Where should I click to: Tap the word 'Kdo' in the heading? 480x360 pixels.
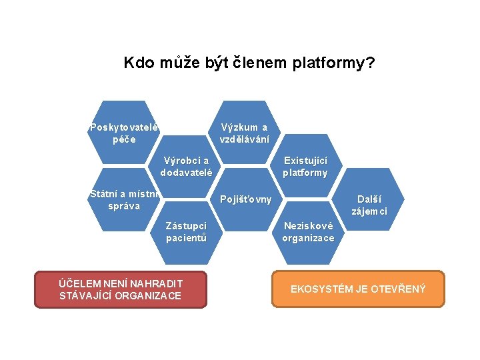[x=138, y=63]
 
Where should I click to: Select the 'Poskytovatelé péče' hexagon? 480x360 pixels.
[x=123, y=133]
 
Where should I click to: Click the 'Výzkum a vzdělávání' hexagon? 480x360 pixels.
[x=245, y=133]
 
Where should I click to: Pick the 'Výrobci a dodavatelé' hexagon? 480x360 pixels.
[x=186, y=166]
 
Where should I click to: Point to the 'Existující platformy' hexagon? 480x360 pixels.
[x=305, y=166]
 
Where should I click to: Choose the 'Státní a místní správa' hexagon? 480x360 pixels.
[x=123, y=199]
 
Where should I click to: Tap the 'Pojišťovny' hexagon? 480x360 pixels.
[x=245, y=199]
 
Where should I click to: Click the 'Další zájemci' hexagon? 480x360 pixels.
[x=369, y=205]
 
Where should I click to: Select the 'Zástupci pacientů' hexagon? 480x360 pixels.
[x=186, y=232]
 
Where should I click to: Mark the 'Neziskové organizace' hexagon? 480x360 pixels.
[x=307, y=232]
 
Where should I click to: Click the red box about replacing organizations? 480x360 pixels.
[x=121, y=289]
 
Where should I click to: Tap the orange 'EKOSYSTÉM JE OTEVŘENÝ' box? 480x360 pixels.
[x=357, y=289]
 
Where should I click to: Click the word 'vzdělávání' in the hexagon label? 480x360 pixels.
[x=245, y=139]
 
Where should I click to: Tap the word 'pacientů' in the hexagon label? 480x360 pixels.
[x=186, y=238]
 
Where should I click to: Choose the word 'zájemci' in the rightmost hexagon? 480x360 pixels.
[x=369, y=211]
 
